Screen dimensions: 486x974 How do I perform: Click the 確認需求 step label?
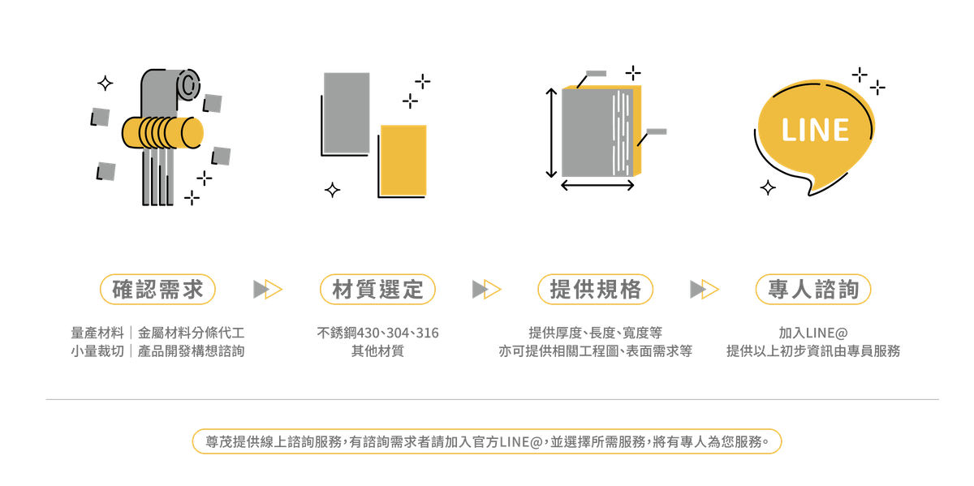[x=157, y=289]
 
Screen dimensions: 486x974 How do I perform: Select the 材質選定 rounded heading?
[x=377, y=289]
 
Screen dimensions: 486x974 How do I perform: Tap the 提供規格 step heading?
[x=595, y=289]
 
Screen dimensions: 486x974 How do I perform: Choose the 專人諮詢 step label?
[x=812, y=289]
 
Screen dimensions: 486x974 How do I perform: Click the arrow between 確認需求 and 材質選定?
[x=267, y=289]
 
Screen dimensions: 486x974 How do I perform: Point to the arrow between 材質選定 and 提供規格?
[x=486, y=289]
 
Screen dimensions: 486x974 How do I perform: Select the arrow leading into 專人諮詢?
[x=704, y=289]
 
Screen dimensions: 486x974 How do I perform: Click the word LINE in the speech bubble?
[x=815, y=130]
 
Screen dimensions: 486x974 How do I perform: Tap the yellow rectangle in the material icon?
[x=403, y=161]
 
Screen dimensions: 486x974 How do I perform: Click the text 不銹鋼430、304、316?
[x=377, y=333]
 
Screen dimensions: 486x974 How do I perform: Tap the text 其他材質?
[x=377, y=352]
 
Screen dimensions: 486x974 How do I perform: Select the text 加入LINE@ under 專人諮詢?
[x=812, y=333]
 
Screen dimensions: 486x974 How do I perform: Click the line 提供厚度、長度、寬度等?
[x=595, y=333]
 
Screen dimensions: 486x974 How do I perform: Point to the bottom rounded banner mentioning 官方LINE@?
[x=487, y=441]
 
